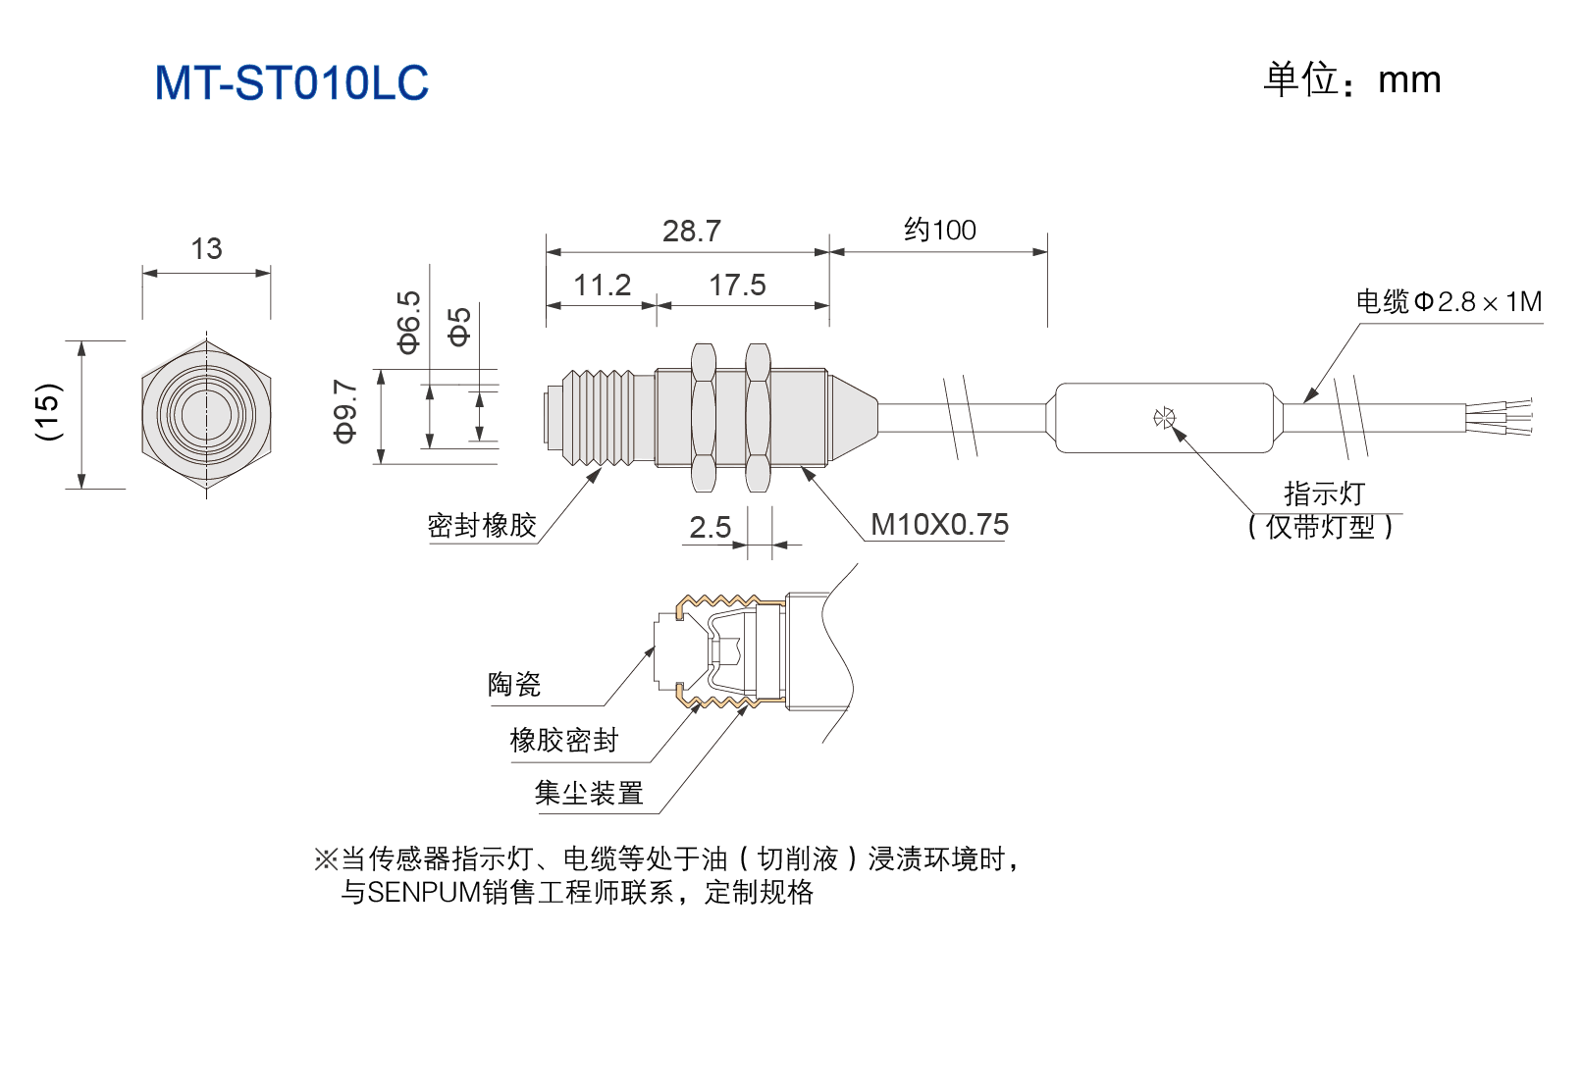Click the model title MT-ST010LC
pos(291,82)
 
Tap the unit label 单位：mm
pos(1351,79)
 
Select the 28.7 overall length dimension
pos(692,231)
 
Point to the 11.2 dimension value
pos(602,286)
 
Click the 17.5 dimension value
pos(737,286)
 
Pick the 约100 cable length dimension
pos(940,231)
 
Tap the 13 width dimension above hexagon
pos(206,248)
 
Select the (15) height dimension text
pos(49,413)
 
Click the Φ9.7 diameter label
pos(345,411)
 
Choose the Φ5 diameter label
pos(459,327)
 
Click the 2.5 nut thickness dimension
pos(710,528)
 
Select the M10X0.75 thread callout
pos(939,525)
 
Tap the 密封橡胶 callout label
pos(482,525)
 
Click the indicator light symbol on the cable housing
pos(1164,418)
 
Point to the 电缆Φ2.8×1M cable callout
pos(1449,301)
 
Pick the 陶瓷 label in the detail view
pos(514,684)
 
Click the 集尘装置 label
pos(589,793)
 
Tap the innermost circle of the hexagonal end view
pos(205,414)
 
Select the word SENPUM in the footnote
pos(424,893)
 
